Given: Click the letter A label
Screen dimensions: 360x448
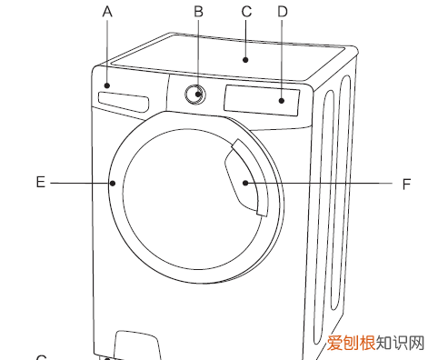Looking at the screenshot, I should click(x=107, y=12).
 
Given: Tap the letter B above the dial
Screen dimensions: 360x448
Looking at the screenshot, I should click(x=198, y=12).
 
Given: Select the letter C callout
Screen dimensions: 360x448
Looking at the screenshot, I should click(x=244, y=12).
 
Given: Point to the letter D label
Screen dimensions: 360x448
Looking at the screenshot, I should click(x=282, y=12).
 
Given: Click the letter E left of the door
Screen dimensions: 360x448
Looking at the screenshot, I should click(x=40, y=182).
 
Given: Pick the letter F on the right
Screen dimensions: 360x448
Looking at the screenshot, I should click(x=406, y=184).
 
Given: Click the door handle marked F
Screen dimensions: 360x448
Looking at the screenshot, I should click(x=248, y=179).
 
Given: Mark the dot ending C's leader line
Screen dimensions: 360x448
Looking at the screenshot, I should click(x=244, y=60).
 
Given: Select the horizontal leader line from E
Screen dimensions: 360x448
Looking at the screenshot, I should click(x=80, y=183).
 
